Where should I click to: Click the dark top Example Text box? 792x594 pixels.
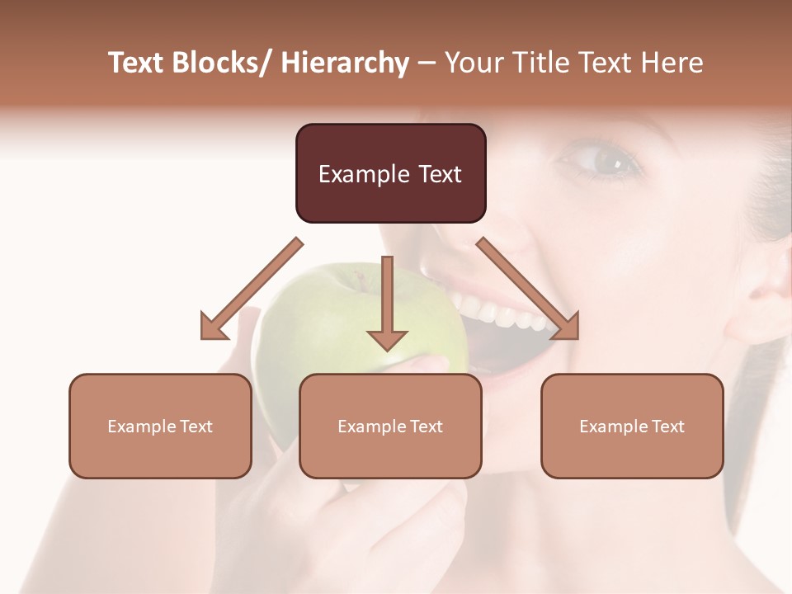point(390,173)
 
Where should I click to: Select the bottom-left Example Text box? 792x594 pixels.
point(160,426)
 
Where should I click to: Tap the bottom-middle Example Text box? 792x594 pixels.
point(390,426)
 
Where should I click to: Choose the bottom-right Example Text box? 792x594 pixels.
point(632,426)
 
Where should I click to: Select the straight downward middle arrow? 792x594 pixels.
point(387,305)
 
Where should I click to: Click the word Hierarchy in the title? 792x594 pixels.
point(345,64)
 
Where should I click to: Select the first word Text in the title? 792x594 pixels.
point(137,64)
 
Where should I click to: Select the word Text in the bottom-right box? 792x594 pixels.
point(669,427)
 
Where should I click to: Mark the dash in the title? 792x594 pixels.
point(427,64)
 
